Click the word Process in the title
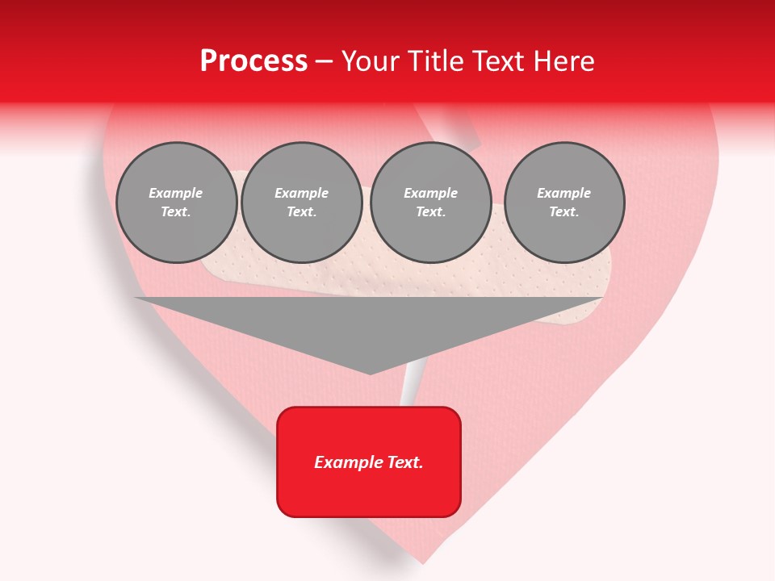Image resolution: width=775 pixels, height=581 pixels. [253, 61]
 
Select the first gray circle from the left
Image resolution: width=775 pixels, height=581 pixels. [177, 203]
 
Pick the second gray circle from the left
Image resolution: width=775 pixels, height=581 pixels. [302, 203]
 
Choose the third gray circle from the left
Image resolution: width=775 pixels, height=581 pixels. [431, 203]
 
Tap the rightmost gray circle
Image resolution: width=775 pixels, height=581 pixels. [564, 203]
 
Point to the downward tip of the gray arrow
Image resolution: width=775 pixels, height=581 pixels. [370, 373]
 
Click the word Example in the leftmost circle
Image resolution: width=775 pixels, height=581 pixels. [176, 193]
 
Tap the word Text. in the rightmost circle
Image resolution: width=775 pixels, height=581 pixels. [564, 212]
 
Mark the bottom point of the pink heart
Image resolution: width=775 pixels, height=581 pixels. [423, 562]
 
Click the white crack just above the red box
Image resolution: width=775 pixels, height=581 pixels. [409, 389]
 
